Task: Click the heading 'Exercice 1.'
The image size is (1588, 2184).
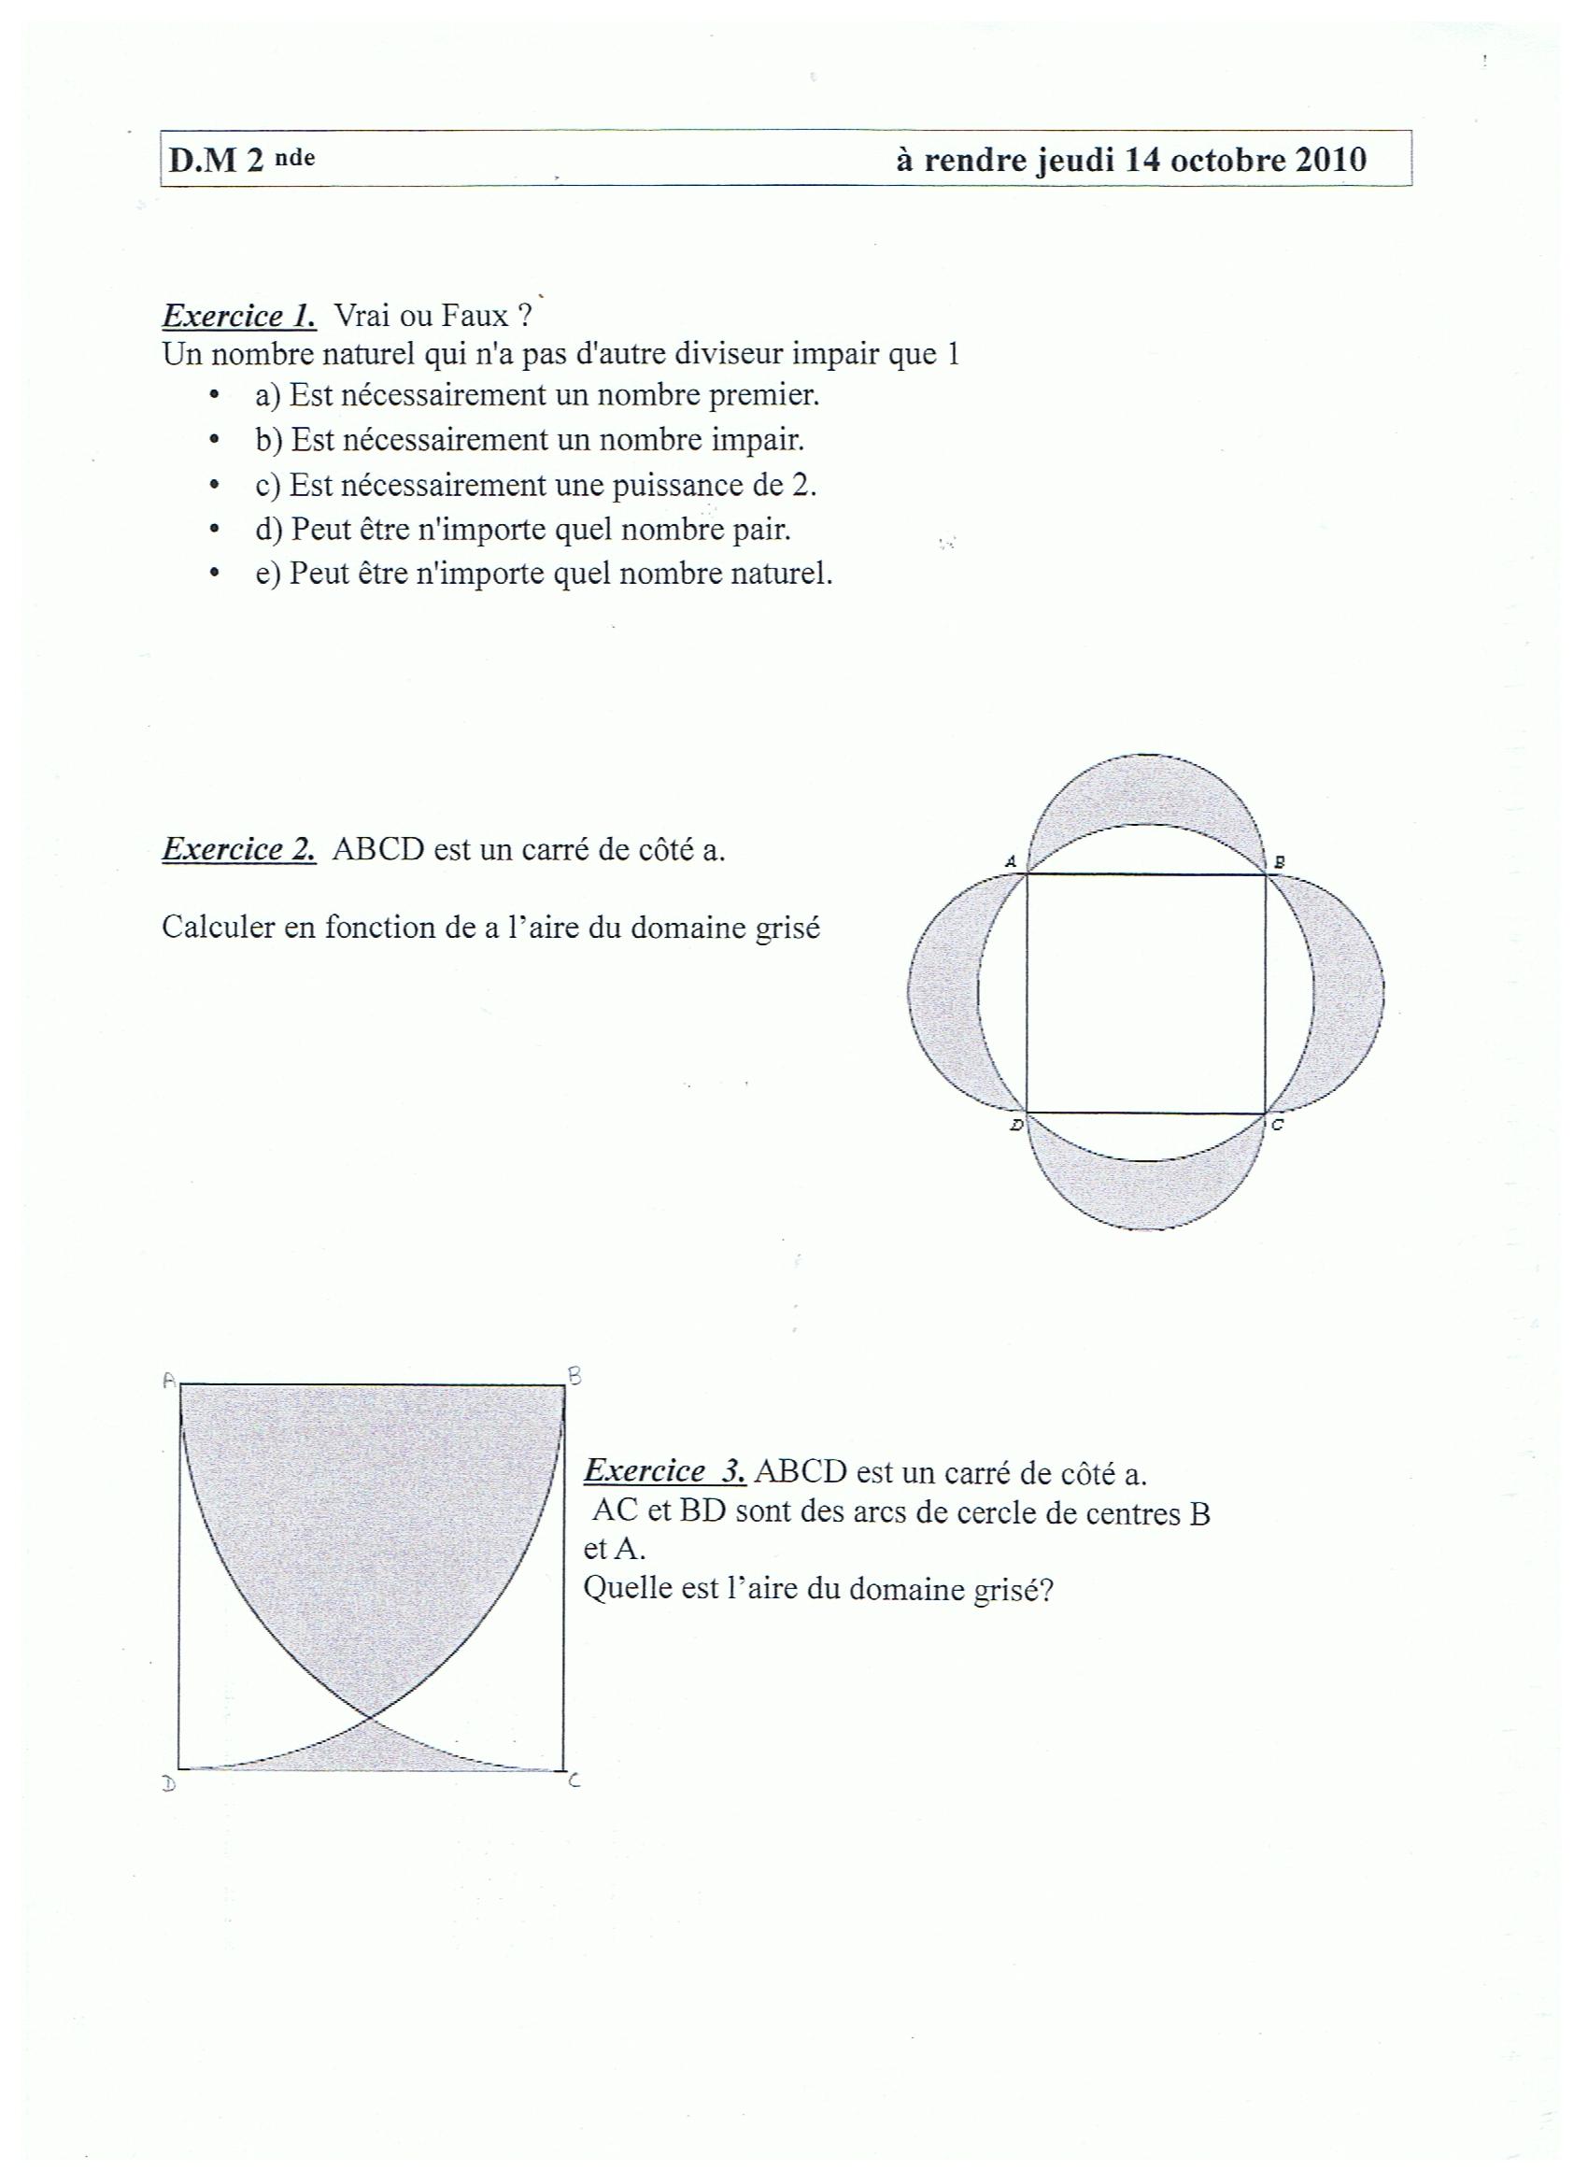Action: (239, 316)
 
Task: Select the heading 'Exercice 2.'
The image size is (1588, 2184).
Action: (239, 849)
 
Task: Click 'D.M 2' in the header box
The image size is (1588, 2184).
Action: (217, 160)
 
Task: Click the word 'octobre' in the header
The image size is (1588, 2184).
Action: (1224, 159)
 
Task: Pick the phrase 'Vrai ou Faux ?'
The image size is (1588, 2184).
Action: (432, 316)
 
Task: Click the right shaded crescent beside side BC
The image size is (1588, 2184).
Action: (1348, 992)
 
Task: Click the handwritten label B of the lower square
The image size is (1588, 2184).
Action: (574, 1377)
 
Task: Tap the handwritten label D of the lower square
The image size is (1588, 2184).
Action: (168, 1783)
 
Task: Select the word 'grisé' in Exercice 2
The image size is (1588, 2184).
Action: (785, 929)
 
